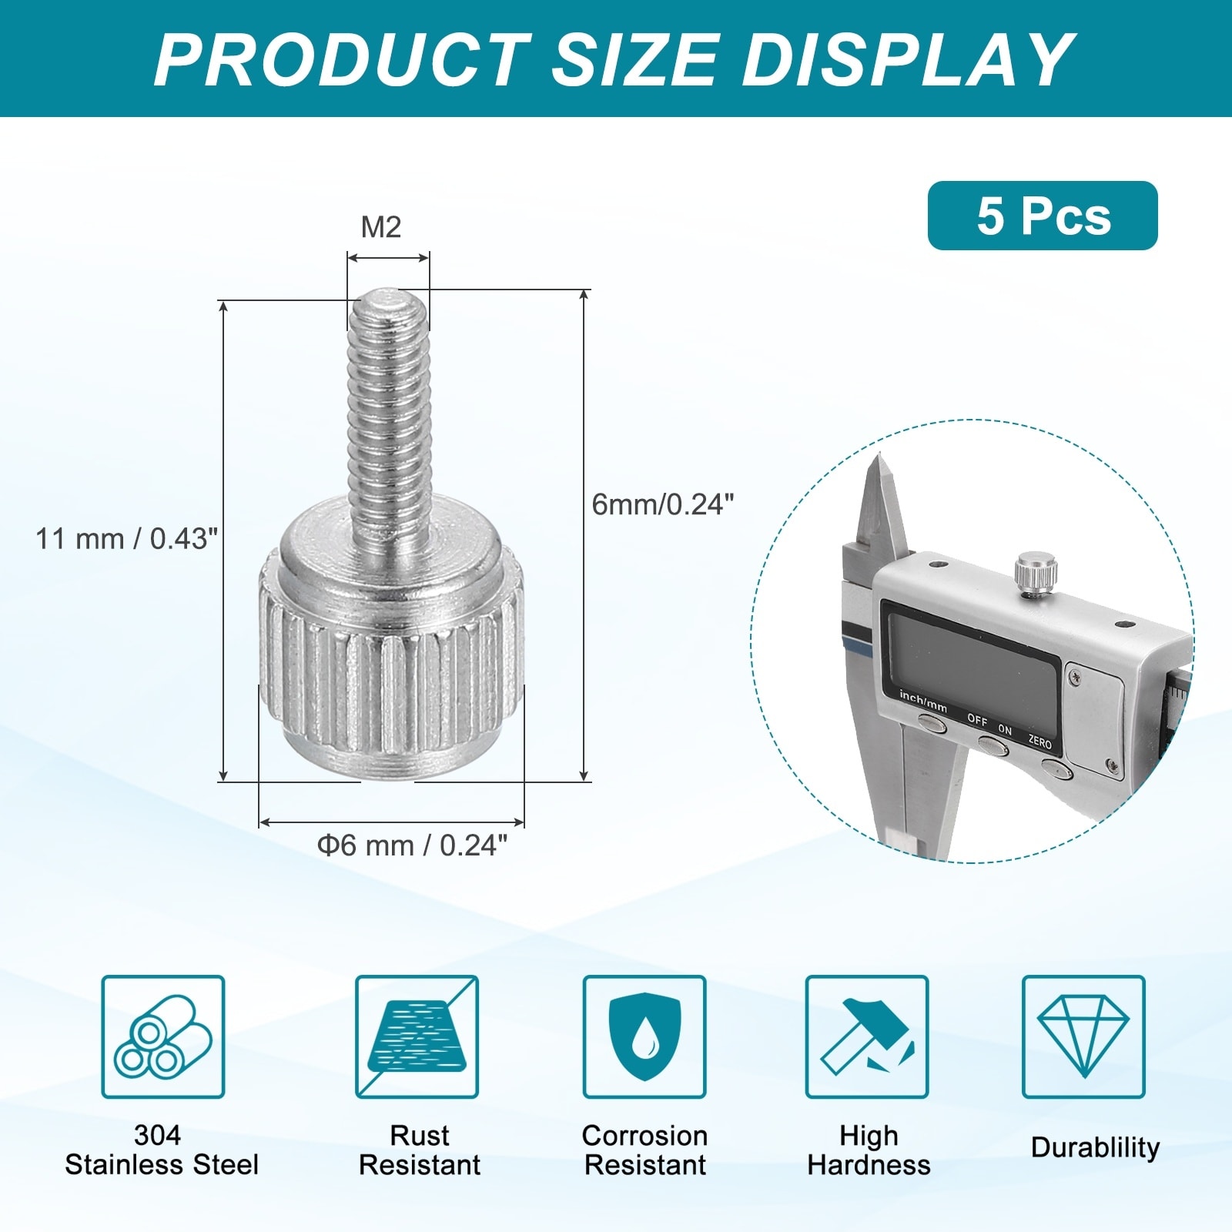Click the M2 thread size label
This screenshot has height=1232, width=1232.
pos(381,227)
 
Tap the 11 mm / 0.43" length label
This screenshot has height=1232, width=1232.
pos(127,538)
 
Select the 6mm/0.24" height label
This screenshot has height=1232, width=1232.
pos(663,504)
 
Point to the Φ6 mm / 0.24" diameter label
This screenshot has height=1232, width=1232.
pos(413,845)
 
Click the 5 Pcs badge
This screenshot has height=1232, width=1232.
pos(1043,216)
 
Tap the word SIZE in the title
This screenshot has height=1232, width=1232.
pos(634,60)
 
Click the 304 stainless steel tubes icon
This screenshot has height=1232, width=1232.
pos(163,1036)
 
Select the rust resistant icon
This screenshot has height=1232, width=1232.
pos(417,1036)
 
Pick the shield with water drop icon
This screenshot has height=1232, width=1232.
pos(644,1036)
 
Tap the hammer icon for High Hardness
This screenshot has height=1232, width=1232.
pos(867,1036)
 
